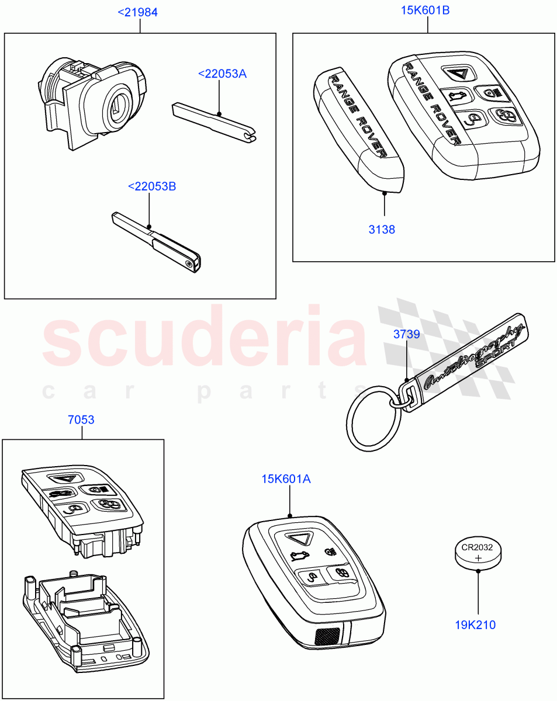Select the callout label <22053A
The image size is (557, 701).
(x=222, y=74)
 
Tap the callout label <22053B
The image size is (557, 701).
(x=151, y=187)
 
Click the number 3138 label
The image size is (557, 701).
(x=382, y=230)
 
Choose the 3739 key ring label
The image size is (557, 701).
(x=406, y=334)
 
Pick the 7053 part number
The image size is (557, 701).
(x=81, y=419)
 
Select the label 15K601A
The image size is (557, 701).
(x=286, y=480)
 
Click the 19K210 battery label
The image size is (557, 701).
(x=475, y=625)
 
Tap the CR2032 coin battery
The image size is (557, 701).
(x=478, y=554)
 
